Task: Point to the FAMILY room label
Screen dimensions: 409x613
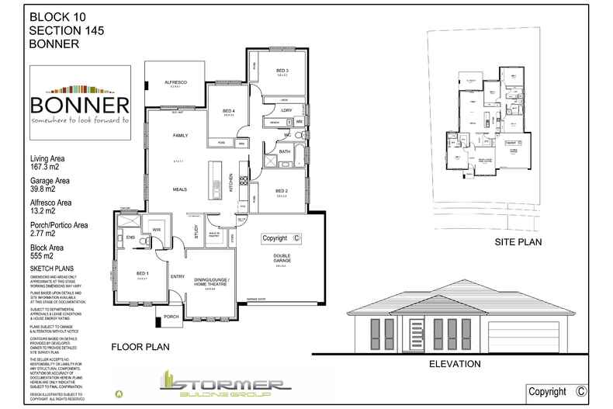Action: tap(180, 136)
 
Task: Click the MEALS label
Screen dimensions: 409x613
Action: tap(180, 188)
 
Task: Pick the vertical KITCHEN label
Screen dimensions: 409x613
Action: tap(231, 183)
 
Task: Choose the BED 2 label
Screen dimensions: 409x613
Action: tap(281, 191)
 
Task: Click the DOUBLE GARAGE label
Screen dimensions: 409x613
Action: tap(280, 259)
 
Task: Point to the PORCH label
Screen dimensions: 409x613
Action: tap(172, 316)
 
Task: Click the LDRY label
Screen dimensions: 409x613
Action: tap(286, 111)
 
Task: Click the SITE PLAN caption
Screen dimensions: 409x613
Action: tap(518, 242)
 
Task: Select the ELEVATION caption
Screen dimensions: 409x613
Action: tap(456, 363)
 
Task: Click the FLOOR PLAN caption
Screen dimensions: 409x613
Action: tap(140, 346)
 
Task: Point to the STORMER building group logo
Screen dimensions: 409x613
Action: tap(224, 385)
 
